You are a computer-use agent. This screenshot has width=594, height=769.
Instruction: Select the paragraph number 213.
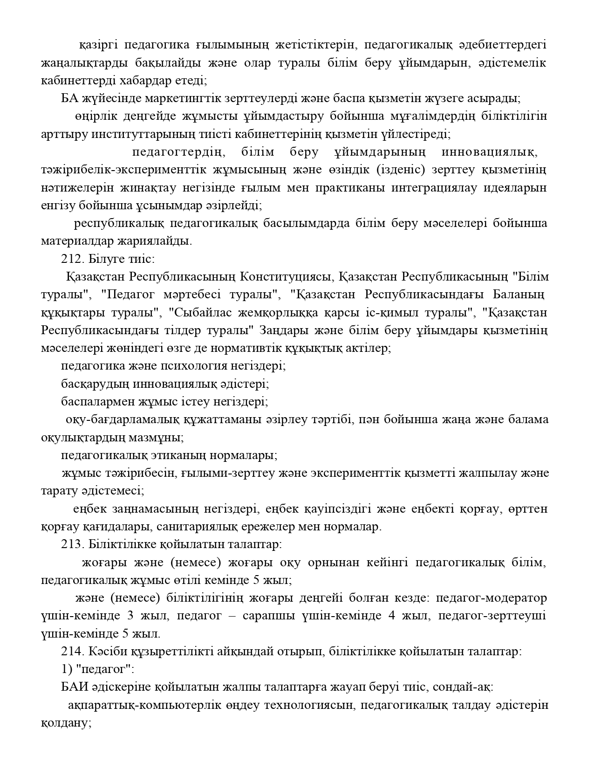click(x=71, y=544)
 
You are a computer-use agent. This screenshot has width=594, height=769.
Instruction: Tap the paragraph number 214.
click(x=71, y=652)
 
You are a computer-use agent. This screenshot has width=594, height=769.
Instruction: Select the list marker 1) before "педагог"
click(x=66, y=670)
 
